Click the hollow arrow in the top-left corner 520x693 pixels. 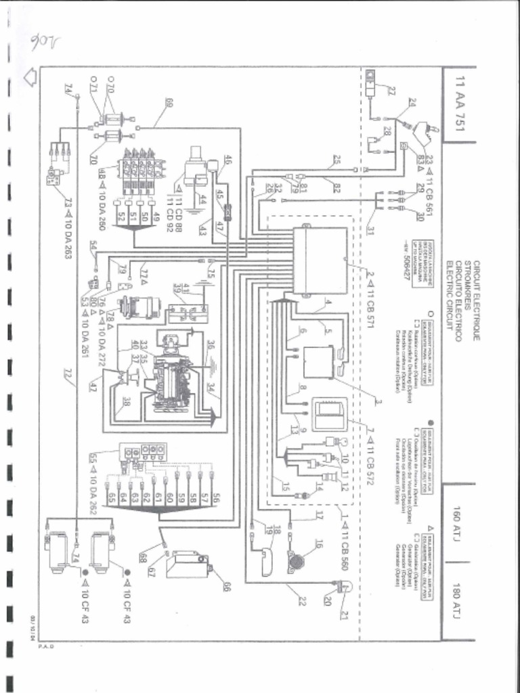click(x=30, y=76)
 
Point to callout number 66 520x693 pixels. click(x=226, y=584)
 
